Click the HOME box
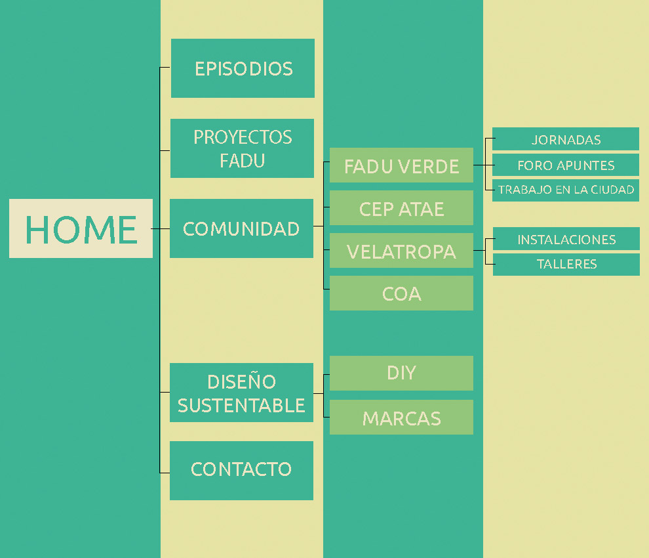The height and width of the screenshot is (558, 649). click(x=81, y=228)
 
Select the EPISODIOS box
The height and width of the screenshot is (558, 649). click(x=243, y=68)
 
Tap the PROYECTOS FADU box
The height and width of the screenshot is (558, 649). click(x=242, y=148)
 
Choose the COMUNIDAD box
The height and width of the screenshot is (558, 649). click(x=241, y=228)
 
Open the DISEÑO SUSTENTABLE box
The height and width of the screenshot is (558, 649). click(x=241, y=393)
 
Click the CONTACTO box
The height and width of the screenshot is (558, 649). click(x=241, y=471)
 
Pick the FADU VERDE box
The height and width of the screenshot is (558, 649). click(x=401, y=165)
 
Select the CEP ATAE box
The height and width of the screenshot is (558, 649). click(x=401, y=207)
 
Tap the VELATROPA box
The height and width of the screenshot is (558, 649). click(x=401, y=250)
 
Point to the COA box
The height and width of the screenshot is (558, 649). click(x=401, y=293)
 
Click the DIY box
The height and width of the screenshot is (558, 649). click(x=401, y=373)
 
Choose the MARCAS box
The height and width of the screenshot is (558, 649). click(x=401, y=417)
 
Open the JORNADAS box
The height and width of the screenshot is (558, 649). click(x=565, y=139)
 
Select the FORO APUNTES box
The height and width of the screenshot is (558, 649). click(x=565, y=165)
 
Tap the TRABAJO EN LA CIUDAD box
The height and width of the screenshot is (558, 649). click(x=565, y=190)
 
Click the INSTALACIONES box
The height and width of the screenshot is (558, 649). click(x=566, y=239)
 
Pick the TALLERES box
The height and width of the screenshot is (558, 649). click(x=566, y=264)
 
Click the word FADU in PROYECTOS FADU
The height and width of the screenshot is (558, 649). click(x=242, y=161)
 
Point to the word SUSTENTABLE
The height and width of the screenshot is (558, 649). click(x=241, y=406)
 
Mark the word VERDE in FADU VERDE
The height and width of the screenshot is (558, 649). click(x=428, y=167)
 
